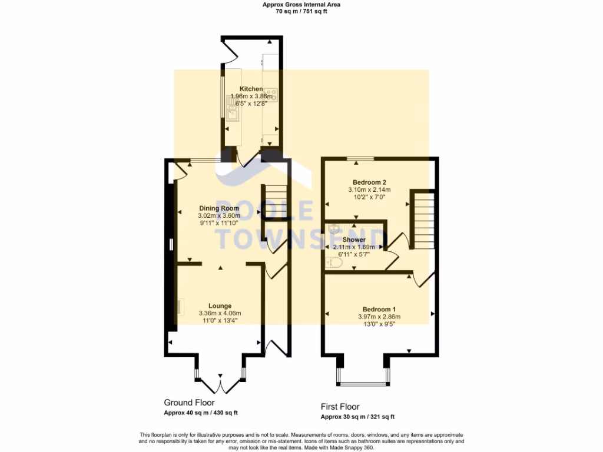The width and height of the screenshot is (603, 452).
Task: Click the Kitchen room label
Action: (247, 89)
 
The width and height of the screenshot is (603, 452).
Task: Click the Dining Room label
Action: (219, 208)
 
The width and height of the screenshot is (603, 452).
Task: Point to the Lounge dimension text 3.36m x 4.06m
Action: (220, 313)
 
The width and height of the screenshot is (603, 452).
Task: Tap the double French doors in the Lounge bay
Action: (220, 385)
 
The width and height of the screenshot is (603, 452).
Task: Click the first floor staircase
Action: (423, 218)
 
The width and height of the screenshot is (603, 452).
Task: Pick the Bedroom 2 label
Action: (369, 182)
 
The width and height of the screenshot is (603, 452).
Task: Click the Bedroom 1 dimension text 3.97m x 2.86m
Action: (379, 317)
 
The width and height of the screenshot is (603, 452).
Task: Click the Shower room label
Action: (354, 240)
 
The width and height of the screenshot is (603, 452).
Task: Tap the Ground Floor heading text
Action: (189, 403)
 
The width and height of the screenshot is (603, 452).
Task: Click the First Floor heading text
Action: (340, 407)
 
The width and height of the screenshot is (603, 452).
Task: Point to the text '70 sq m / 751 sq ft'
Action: (301, 11)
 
